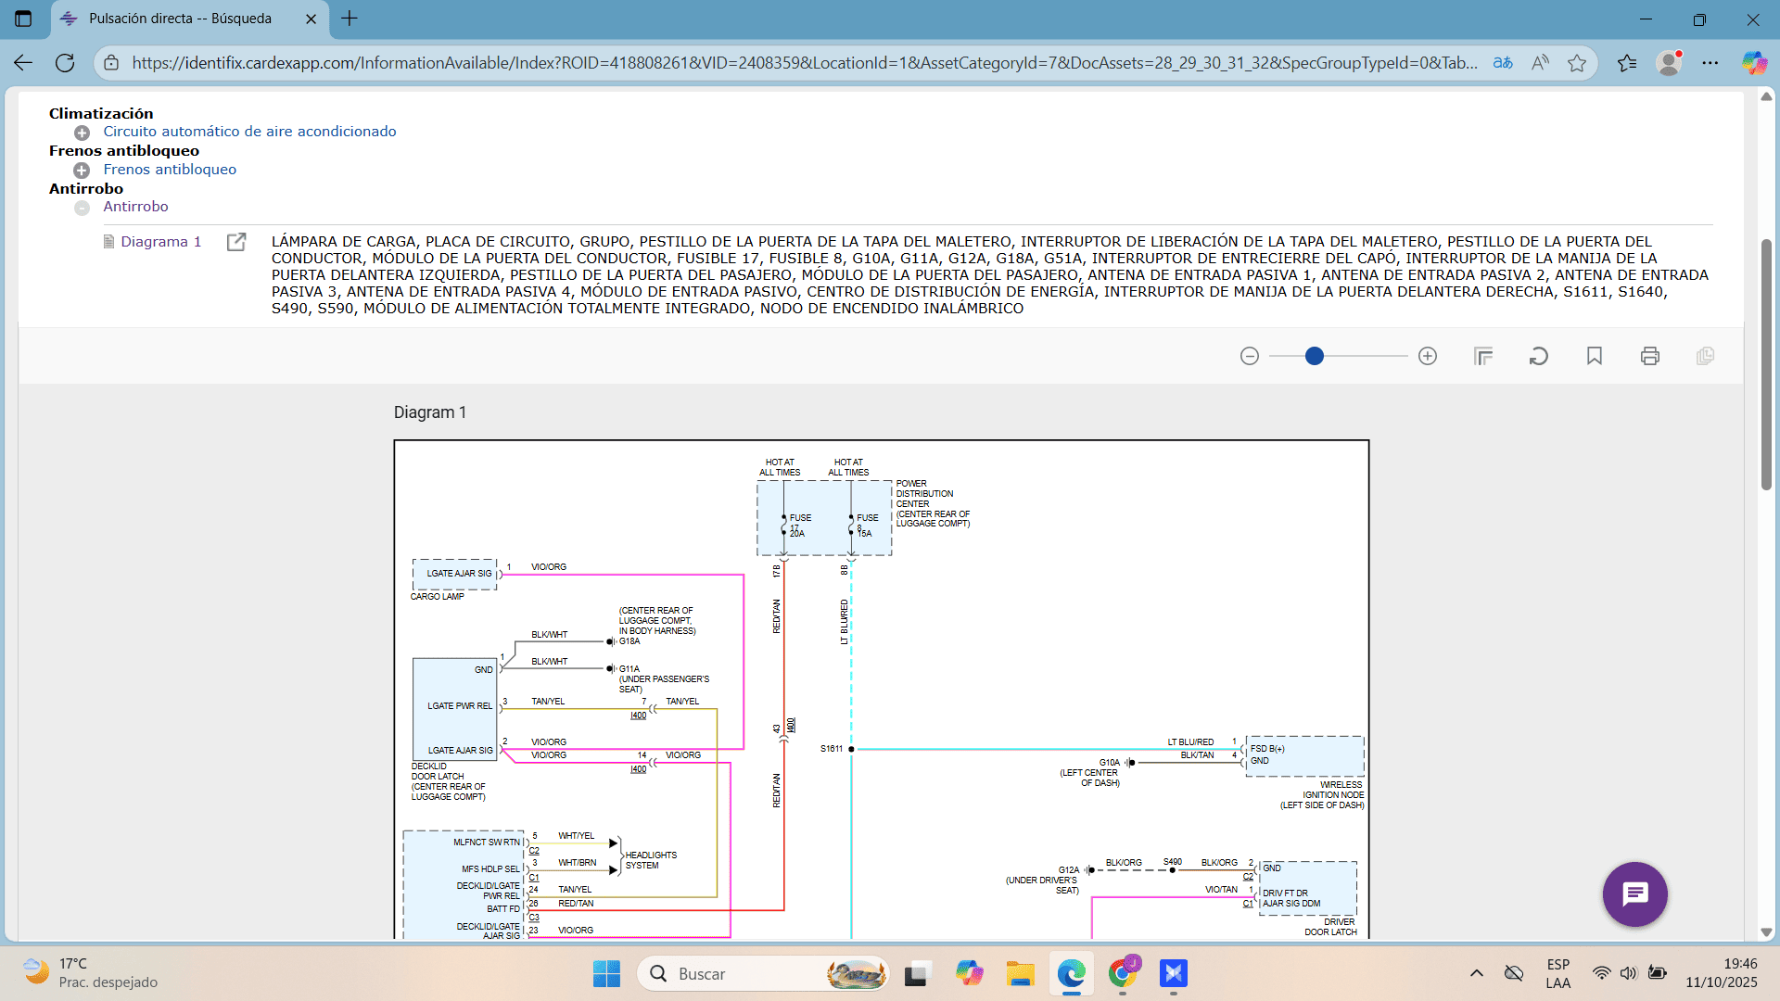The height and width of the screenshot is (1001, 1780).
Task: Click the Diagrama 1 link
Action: [x=160, y=242]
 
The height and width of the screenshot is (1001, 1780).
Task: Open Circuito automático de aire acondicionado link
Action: [x=249, y=132]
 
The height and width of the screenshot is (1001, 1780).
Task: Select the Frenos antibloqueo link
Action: [x=170, y=170]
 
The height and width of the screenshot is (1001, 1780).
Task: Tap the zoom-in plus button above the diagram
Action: [x=1428, y=356]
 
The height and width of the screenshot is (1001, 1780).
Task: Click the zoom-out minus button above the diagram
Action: [x=1250, y=356]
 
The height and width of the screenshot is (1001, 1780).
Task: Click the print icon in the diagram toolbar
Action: [x=1650, y=356]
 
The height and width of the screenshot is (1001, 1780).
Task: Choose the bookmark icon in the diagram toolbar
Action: [x=1595, y=356]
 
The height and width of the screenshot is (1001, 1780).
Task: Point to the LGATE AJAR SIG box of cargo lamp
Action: [x=455, y=574]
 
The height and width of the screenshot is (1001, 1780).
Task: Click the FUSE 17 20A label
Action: [x=798, y=525]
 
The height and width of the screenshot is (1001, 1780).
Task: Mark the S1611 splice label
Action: [x=832, y=749]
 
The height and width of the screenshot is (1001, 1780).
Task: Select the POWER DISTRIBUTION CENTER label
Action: [x=932, y=503]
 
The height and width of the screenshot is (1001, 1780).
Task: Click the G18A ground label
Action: [x=629, y=641]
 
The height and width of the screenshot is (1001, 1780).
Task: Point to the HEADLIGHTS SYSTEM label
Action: [x=651, y=860]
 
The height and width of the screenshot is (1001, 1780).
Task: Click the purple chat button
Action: [x=1634, y=894]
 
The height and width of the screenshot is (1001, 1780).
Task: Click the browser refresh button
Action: [x=65, y=63]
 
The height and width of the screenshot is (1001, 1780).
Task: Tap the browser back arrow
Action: [x=23, y=63]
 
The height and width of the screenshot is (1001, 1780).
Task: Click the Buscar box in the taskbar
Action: [x=760, y=974]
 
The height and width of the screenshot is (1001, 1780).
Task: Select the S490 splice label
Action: [x=1173, y=862]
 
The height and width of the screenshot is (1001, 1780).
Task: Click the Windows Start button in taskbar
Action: [x=606, y=974]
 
